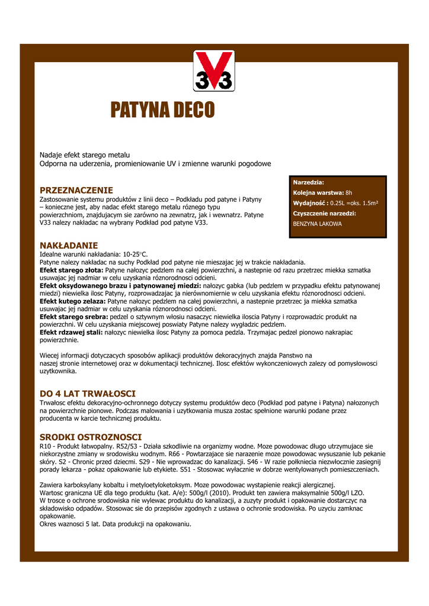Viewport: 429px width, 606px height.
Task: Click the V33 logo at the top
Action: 214,71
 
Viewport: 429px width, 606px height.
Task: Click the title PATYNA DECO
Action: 162,110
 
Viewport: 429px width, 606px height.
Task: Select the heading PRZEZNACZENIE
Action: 76,190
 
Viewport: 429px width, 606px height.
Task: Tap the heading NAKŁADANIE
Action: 69,245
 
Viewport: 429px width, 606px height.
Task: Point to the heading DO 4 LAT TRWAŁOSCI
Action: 88,394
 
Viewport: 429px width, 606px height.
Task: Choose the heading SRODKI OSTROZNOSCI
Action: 91,437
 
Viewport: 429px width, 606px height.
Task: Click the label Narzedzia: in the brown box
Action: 309,182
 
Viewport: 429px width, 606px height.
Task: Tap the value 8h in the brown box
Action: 349,193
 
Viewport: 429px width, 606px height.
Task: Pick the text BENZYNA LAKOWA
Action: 318,224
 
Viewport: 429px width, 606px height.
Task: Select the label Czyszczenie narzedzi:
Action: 325,214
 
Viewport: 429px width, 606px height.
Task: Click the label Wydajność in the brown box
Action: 310,203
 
